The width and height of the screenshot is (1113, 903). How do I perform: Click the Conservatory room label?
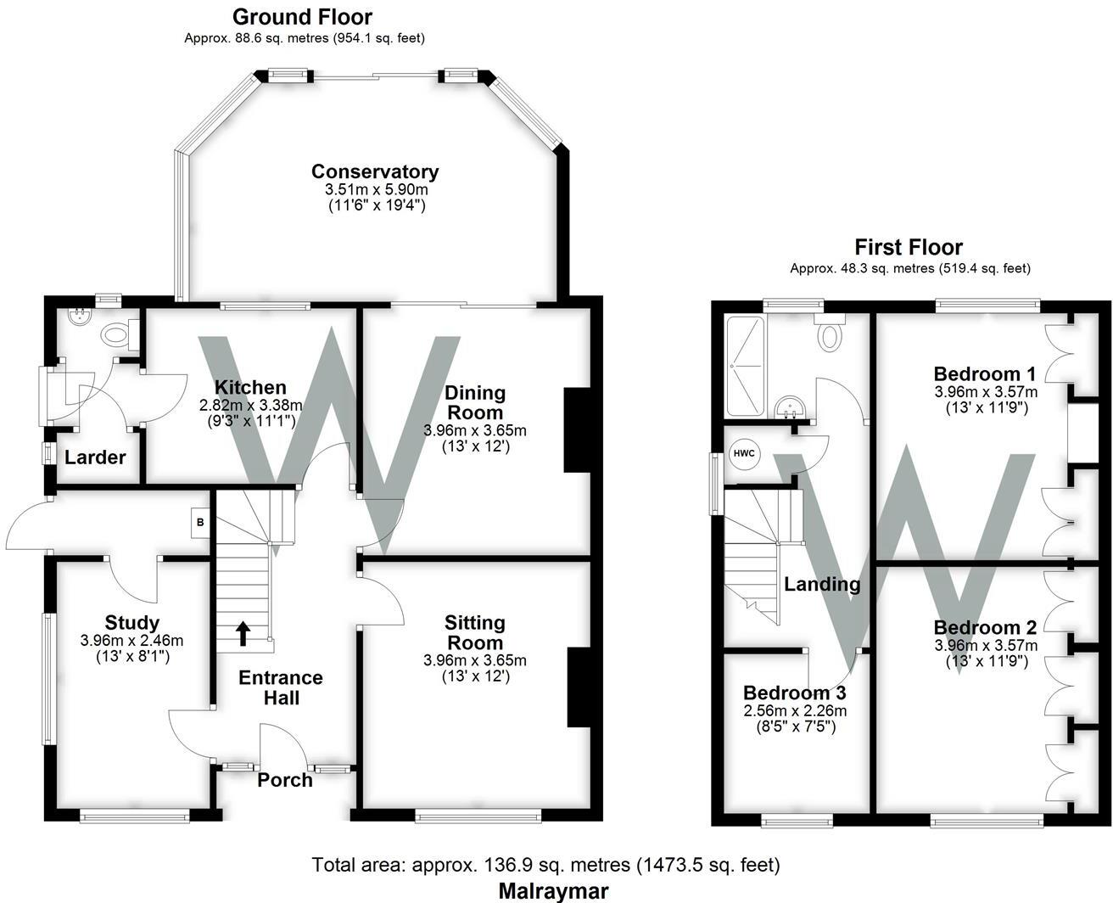pos(374,172)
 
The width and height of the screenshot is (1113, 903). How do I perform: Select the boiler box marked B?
pos(200,523)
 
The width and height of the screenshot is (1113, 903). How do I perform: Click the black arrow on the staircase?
pos(243,633)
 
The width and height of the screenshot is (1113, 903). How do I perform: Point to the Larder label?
pos(95,457)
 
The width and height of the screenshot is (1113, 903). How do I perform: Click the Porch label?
pos(284,780)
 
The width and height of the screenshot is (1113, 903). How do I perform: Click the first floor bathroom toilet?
pos(831,334)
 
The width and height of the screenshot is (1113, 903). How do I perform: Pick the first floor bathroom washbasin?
pos(791,408)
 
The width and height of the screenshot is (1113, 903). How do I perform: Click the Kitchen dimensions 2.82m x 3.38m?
pos(250,406)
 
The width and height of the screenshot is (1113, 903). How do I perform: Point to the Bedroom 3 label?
pos(794,693)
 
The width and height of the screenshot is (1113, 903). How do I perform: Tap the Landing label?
pos(822,584)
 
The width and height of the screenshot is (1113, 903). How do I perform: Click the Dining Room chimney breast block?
pos(577,429)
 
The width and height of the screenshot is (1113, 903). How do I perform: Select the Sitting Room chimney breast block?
pos(579,687)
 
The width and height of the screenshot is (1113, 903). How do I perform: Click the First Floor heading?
pos(908,247)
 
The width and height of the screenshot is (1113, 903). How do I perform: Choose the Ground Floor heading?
pos(302,16)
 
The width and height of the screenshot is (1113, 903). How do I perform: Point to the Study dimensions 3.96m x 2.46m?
pos(131,640)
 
